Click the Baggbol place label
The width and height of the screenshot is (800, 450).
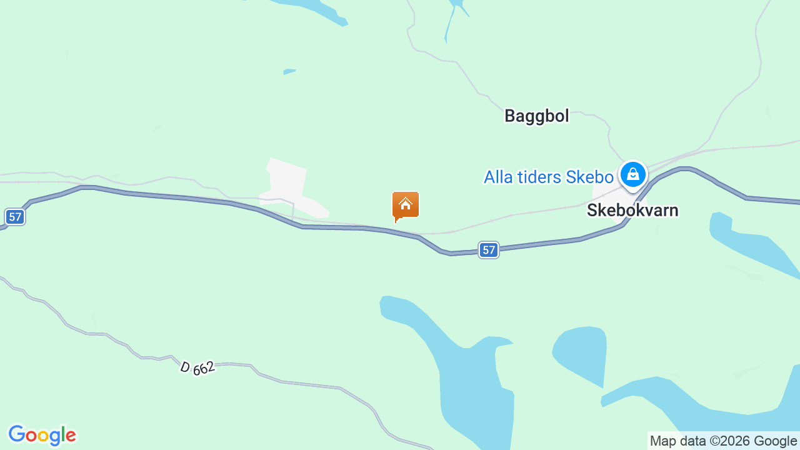(x=536, y=116)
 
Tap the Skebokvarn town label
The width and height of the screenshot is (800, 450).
(x=632, y=210)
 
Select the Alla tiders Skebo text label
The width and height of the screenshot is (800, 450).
(x=548, y=177)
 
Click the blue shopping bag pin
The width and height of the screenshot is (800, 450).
(x=632, y=174)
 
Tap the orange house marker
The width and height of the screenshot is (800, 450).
(x=405, y=205)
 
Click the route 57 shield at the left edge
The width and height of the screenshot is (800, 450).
(x=15, y=217)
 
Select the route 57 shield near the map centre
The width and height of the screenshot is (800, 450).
(x=489, y=250)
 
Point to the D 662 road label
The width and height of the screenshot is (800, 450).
(x=197, y=367)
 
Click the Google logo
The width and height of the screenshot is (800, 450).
(x=42, y=435)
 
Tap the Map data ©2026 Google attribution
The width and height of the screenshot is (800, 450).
(x=723, y=441)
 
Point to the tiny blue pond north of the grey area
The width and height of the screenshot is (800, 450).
(x=289, y=71)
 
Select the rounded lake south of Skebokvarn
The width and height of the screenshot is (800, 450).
(x=581, y=353)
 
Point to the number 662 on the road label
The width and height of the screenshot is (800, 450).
(x=204, y=368)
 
